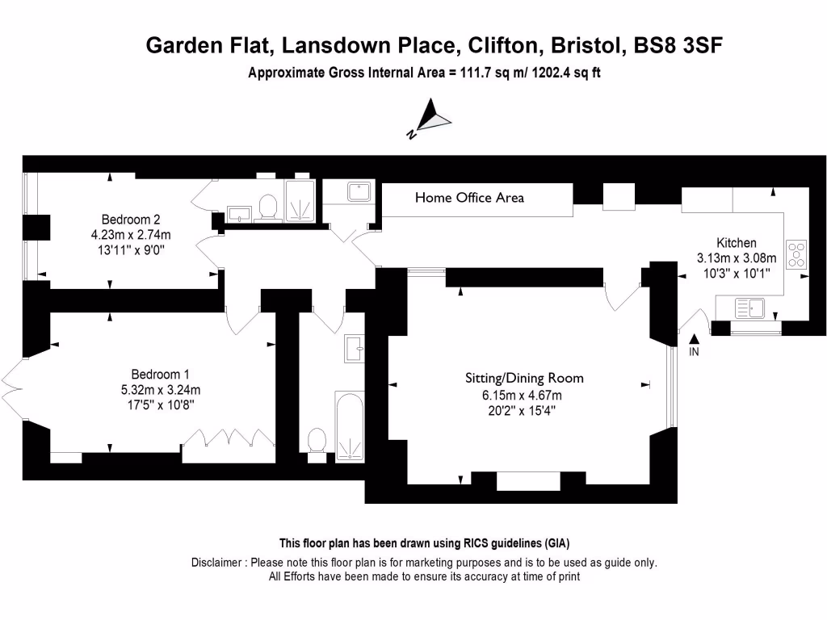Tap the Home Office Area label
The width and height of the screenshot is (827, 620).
(x=469, y=198)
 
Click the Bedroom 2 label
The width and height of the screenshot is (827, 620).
(x=131, y=220)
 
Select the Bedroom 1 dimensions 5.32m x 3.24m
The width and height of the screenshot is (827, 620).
(x=160, y=389)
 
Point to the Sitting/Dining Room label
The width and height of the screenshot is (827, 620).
(x=523, y=378)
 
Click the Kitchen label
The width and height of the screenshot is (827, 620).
(x=737, y=243)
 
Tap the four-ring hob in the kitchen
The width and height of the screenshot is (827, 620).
(x=796, y=254)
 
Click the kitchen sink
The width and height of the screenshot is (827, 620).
(x=750, y=308)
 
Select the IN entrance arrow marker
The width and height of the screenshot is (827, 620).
(x=694, y=341)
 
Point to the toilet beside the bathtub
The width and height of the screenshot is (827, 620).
(x=317, y=441)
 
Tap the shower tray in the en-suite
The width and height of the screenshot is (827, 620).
(x=300, y=201)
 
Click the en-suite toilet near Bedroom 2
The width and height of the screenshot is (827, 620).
(x=267, y=207)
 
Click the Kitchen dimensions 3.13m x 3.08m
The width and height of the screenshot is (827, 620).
(x=736, y=258)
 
